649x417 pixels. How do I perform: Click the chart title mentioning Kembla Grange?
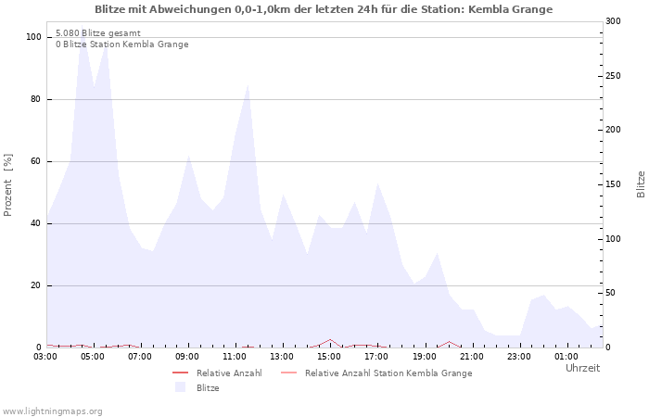click(x=324, y=9)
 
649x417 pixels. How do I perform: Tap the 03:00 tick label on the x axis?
click(x=46, y=357)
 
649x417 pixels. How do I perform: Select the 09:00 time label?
click(x=187, y=357)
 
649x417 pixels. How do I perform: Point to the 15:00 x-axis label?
click(x=329, y=357)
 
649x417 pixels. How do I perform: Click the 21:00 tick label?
click(x=471, y=357)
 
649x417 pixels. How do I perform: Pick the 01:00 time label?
click(x=566, y=357)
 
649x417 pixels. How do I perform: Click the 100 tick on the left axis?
click(x=34, y=37)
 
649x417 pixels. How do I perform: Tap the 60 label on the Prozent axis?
click(x=36, y=161)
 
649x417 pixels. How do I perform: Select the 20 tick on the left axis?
click(x=36, y=285)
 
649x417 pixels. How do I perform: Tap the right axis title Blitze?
click(x=641, y=183)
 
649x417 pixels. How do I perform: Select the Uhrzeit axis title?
click(x=582, y=368)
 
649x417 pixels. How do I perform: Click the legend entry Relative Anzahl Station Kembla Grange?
click(x=388, y=373)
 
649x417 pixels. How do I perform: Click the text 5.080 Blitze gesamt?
click(x=98, y=33)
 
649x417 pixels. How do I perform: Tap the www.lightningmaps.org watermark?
click(x=53, y=411)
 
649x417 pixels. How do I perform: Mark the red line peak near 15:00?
click(x=330, y=339)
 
